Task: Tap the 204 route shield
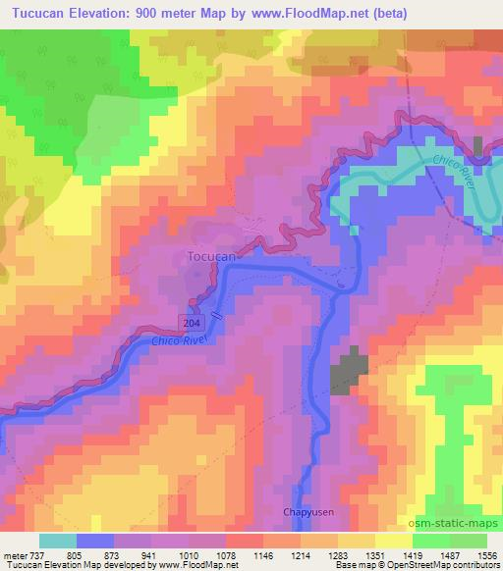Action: tap(192, 323)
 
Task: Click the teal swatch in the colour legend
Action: tap(58, 541)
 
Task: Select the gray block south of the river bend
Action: tap(348, 374)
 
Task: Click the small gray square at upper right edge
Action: tap(478, 147)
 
